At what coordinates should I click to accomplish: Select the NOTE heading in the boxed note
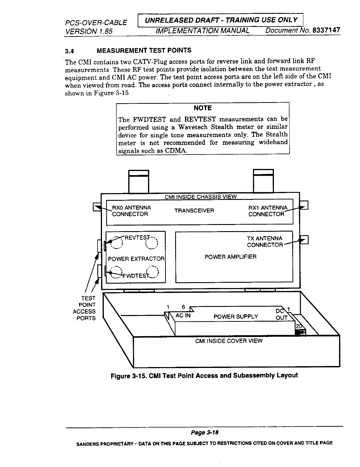pos(203,108)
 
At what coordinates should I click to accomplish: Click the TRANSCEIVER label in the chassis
pos(194,211)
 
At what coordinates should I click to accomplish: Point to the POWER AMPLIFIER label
pos(231,257)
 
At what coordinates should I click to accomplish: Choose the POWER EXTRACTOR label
pos(136,259)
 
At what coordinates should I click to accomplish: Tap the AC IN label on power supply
pos(183,316)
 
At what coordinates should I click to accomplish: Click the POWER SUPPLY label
pos(236,317)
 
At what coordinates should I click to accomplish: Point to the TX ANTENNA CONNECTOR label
pos(264,242)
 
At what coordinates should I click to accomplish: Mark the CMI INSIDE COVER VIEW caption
pos(229,341)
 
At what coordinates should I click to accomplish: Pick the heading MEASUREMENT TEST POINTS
pos(144,50)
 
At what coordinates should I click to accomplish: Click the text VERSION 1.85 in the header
pos(89,31)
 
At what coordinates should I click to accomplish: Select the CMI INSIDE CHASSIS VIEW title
pos(200,197)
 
